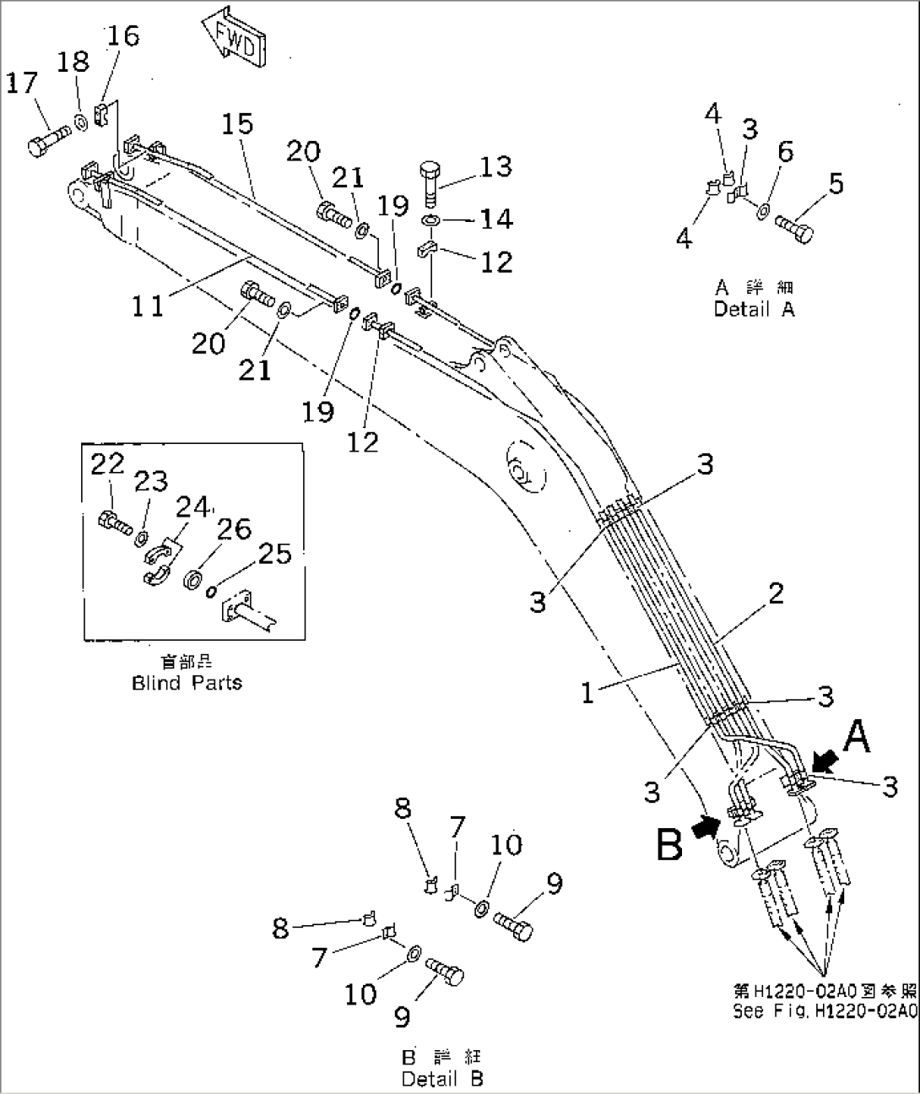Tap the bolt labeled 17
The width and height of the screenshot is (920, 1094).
click(x=47, y=141)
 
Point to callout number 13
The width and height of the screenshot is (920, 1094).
click(x=495, y=166)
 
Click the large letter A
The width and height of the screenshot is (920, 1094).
click(x=856, y=737)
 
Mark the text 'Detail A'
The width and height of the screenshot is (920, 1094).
click(x=754, y=309)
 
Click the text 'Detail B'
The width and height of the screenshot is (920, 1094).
click(x=442, y=1078)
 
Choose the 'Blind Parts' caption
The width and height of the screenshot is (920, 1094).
click(x=187, y=683)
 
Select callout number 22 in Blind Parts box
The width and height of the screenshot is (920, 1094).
click(x=108, y=464)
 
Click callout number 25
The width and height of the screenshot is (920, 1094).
click(x=275, y=554)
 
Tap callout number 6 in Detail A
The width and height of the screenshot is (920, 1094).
click(x=785, y=151)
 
